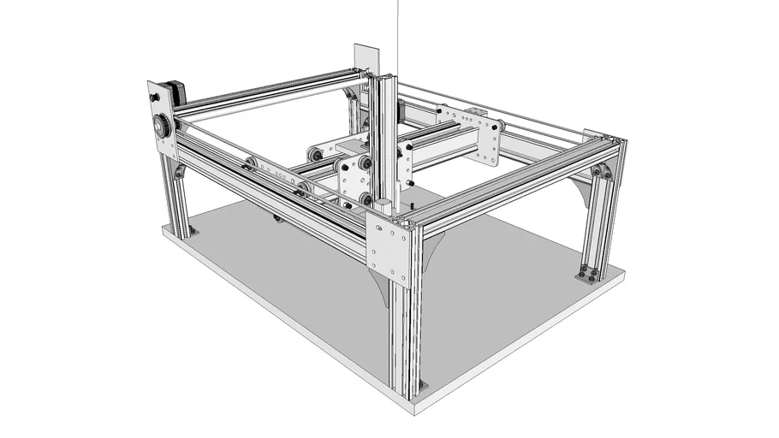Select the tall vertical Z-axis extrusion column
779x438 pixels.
point(383,137)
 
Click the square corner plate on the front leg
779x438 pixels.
point(390,249)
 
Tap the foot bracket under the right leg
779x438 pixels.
point(589,274)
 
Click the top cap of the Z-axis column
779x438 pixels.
point(382,76)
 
